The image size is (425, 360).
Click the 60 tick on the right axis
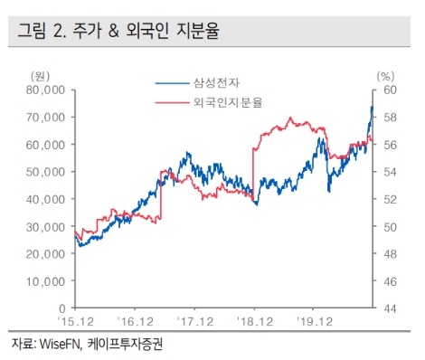click(x=386, y=90)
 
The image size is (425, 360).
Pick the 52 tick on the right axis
click(x=386, y=199)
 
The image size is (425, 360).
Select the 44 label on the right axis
click(x=386, y=308)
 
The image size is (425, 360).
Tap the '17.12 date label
click(x=194, y=321)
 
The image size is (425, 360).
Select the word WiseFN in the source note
click(x=56, y=344)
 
